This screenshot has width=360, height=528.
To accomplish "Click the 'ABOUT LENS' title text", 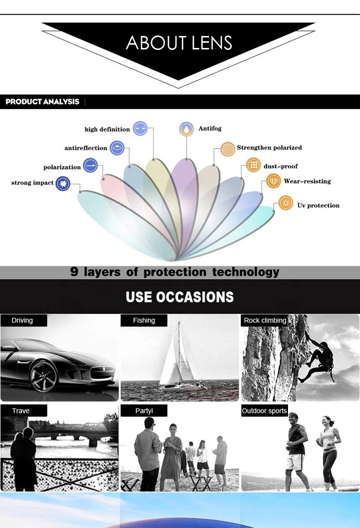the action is (x=179, y=43).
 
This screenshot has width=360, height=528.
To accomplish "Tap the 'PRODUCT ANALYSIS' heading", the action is (x=42, y=102).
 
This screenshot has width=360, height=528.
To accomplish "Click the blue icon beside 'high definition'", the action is (x=140, y=128).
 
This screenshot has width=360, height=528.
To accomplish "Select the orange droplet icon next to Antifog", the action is (x=186, y=129).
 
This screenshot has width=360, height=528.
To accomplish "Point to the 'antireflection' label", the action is (x=85, y=148).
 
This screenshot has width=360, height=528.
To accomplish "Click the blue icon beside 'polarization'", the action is (x=90, y=166).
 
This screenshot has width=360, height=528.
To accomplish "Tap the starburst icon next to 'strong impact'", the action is (x=63, y=183).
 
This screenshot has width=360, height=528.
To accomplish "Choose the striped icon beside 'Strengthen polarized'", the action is (x=228, y=149).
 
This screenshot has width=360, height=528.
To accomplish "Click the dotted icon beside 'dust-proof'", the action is (x=253, y=165).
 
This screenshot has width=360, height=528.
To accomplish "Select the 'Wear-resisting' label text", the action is (x=307, y=181).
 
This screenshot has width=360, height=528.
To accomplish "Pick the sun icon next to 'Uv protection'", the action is (x=286, y=203).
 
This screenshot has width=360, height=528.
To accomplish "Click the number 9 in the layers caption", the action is (x=74, y=271).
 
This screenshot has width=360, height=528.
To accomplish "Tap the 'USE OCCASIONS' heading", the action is (x=180, y=297).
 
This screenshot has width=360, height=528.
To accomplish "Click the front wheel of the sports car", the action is (x=44, y=376).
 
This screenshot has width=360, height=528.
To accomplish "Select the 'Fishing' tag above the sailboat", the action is (x=144, y=320).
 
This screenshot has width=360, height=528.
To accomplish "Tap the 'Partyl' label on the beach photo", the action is (x=144, y=410).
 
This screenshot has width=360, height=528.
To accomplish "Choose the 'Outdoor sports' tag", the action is (x=264, y=410).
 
